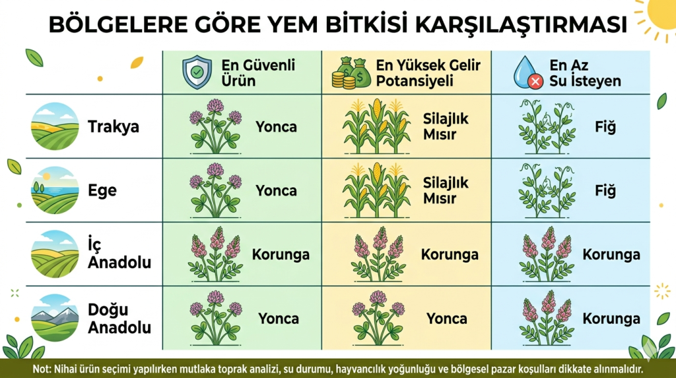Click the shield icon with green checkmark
(197, 72)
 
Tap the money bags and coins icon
(351, 73)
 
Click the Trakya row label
(114, 127)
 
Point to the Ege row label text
(102, 190)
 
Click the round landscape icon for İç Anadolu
(55, 254)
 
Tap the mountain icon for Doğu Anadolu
(55, 318)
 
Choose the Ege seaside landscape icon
(55, 190)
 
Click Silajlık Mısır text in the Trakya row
(446, 126)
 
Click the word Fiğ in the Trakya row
(605, 127)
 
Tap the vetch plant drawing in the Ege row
(547, 190)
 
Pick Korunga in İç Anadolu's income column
(450, 254)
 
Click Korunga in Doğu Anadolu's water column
(611, 319)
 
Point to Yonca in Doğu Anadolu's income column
(447, 319)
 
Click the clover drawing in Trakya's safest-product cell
(215, 126)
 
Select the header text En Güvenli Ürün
(258, 73)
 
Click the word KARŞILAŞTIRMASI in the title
(521, 24)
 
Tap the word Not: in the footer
(42, 369)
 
